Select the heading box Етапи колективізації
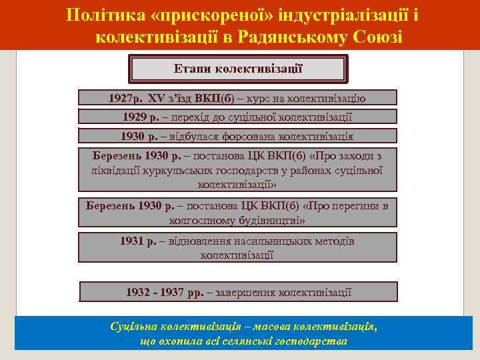click(x=238, y=69)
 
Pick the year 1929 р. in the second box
click(x=142, y=117)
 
